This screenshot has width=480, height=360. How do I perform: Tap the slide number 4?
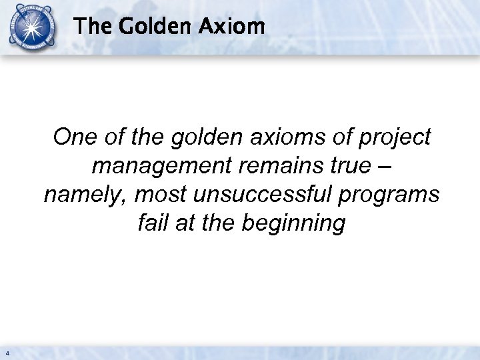coord(7,352)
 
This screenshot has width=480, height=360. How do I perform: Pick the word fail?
coord(152,223)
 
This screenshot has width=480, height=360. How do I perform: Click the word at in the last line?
coord(186,223)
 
